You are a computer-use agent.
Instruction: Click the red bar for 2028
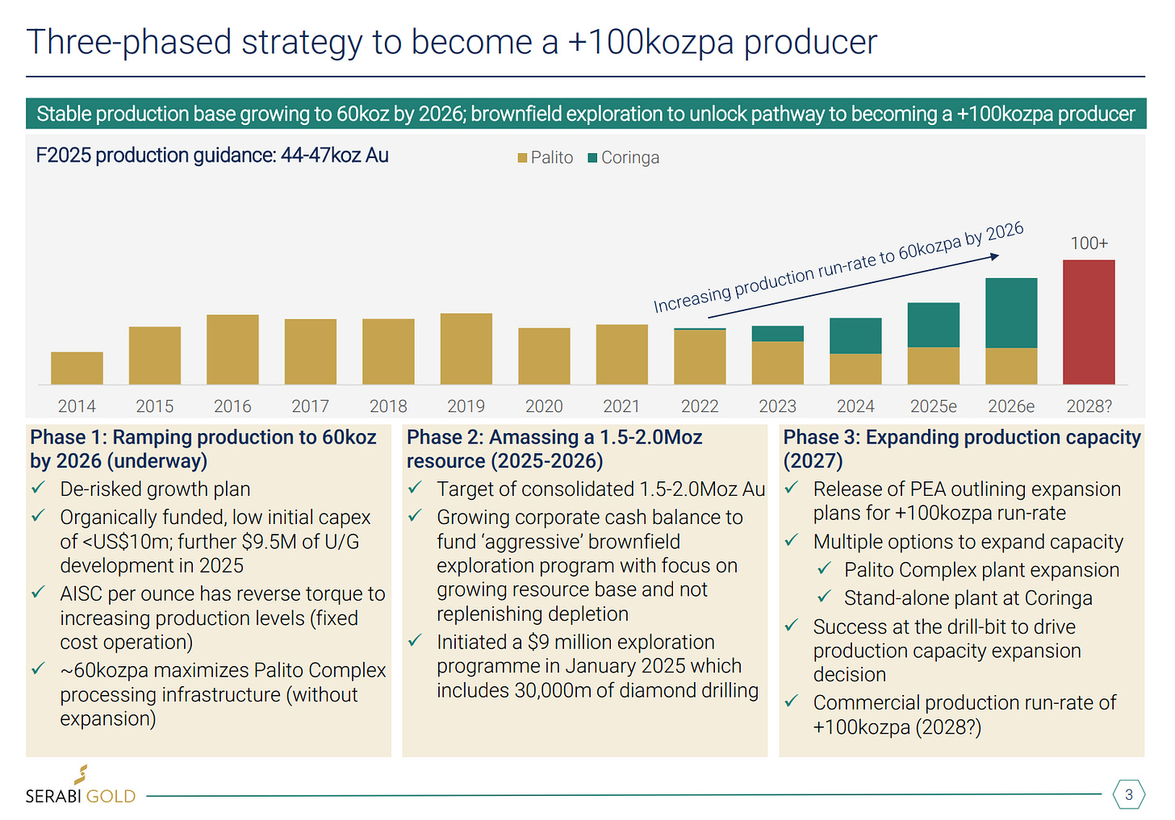click(x=1088, y=322)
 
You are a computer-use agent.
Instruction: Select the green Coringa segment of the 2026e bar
click(x=1010, y=313)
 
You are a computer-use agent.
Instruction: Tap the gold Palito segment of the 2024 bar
click(x=855, y=368)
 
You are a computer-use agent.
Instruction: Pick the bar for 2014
click(x=77, y=368)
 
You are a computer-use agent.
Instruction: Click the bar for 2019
click(x=466, y=348)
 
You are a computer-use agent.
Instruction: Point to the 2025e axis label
click(x=933, y=406)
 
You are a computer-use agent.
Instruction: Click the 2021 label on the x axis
click(x=621, y=406)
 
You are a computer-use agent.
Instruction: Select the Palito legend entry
click(x=546, y=158)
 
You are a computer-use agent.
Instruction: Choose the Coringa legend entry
click(x=624, y=158)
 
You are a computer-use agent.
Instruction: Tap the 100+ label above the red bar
click(x=1089, y=244)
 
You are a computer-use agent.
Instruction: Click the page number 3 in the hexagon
click(x=1128, y=794)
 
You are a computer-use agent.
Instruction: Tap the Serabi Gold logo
click(x=81, y=787)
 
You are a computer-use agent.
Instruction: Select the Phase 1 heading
click(x=203, y=449)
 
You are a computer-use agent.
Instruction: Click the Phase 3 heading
click(x=961, y=449)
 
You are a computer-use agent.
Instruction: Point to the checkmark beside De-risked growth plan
click(x=38, y=489)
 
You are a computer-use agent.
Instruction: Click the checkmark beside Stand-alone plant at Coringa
click(x=824, y=597)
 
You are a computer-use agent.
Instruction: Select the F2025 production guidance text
click(x=212, y=156)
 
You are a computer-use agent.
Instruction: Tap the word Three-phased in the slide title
click(x=129, y=43)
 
